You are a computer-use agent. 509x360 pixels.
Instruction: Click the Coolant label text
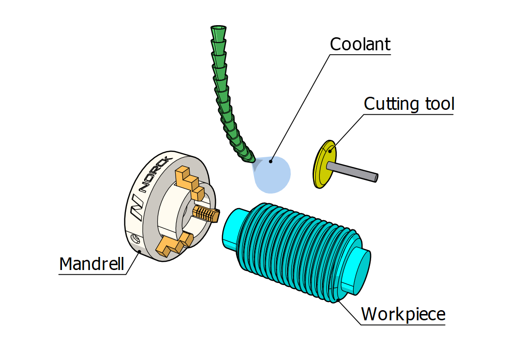pos(360,45)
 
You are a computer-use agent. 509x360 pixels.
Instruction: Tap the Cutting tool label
pos(409,104)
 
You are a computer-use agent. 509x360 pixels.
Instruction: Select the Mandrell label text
pos(91,264)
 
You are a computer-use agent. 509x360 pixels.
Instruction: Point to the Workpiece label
pos(403,314)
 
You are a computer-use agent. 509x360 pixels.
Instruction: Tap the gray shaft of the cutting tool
pos(353,171)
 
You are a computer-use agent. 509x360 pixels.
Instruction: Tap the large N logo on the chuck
pos(137,206)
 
